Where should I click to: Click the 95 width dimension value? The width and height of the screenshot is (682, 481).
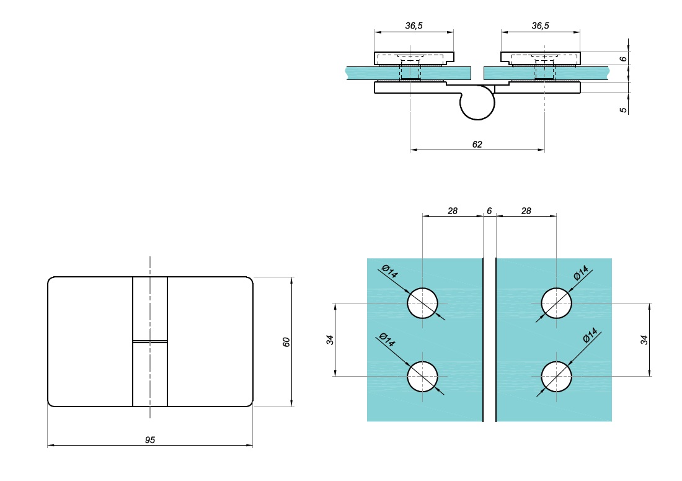pos(149,439)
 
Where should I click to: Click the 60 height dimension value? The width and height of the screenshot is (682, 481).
pos(286,342)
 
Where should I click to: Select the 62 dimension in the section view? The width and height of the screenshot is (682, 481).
pos(477,144)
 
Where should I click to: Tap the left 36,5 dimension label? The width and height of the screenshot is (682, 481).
pos(414,26)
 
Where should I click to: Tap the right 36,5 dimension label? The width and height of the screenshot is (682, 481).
pos(540,26)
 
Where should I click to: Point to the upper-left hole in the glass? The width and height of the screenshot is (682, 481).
pos(422,303)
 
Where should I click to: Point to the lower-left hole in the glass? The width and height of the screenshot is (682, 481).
pos(422,376)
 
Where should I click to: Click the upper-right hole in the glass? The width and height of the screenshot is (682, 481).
pos(557,303)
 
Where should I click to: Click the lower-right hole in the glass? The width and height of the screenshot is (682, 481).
pos(557,376)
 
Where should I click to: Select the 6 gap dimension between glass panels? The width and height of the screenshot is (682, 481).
pos(489,211)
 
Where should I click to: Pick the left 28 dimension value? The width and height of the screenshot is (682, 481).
pos(453,211)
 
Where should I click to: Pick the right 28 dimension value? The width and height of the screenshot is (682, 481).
pos(526,211)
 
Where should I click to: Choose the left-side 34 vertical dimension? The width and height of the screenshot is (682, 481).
pos(330,339)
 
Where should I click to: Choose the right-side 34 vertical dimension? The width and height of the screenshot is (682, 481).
pos(644,339)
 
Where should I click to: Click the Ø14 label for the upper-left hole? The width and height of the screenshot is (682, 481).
pos(390,271)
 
